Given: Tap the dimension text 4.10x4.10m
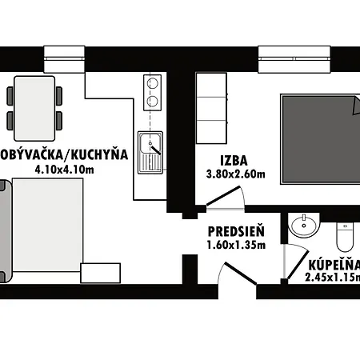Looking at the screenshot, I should [64, 170].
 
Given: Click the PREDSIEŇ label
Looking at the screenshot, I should [236, 232].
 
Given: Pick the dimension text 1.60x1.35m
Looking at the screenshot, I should [236, 245].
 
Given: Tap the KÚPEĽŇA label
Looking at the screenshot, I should [333, 265].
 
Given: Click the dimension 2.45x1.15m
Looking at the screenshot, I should [333, 278].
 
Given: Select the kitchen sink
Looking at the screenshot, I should [150, 146].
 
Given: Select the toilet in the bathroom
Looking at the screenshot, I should [345, 233].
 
